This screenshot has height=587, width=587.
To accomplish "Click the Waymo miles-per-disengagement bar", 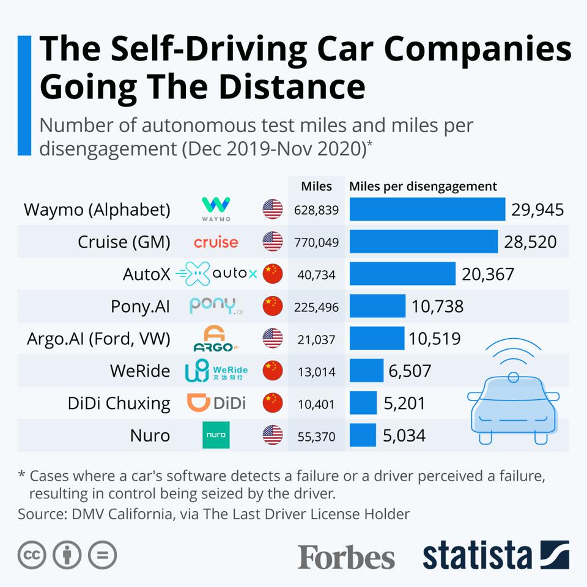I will [427, 210].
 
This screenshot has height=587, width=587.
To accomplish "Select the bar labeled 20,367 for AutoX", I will [402, 273].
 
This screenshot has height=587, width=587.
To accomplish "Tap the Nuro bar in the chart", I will [363, 435].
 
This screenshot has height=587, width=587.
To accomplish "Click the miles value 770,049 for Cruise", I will [316, 242].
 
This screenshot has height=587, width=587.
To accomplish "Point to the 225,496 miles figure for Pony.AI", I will [316, 307].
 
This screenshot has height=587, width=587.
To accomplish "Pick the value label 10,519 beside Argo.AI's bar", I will [435, 339].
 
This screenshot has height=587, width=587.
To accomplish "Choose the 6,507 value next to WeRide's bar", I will [410, 371].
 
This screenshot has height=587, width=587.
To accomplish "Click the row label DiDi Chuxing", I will [119, 404].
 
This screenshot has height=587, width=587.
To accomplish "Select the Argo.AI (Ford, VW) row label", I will [98, 339].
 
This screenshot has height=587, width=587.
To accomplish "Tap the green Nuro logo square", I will [216, 435].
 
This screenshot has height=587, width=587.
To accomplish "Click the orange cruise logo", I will [216, 242].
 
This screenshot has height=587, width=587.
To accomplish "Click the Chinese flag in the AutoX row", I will [273, 274].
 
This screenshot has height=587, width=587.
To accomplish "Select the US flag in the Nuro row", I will [273, 435].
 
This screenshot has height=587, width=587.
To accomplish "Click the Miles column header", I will [317, 186].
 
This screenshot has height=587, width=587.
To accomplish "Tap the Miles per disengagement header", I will [423, 186].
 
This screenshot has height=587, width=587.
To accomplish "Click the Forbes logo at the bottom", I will [346, 556].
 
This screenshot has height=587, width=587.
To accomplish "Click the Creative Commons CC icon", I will [32, 555].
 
